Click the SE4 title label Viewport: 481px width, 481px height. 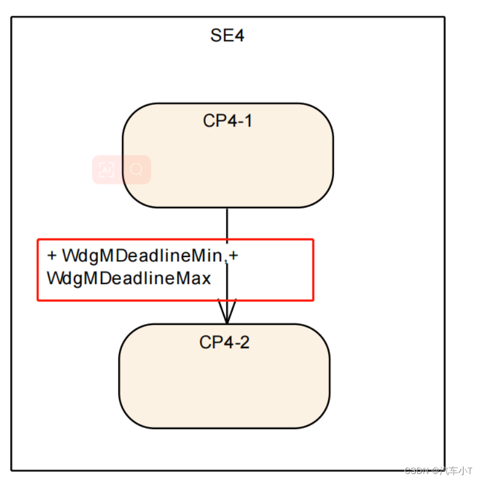(227, 36)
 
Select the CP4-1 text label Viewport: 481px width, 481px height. (227, 121)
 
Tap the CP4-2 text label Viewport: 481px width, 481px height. (224, 342)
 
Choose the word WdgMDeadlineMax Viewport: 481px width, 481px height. (129, 278)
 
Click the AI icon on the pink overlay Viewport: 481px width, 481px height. (106, 170)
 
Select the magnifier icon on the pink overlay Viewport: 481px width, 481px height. (136, 170)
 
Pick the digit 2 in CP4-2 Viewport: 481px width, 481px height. (245, 342)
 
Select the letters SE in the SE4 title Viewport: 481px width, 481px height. (220, 36)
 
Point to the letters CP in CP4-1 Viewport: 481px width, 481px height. (212, 121)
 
